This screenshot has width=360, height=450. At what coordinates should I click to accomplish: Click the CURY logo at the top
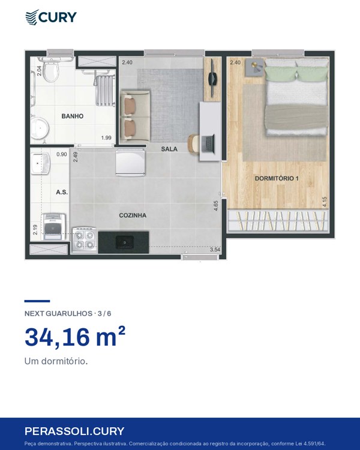point(51,17)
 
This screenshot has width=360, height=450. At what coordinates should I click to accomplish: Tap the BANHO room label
point(73,116)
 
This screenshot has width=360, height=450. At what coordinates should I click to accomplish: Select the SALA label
point(169,149)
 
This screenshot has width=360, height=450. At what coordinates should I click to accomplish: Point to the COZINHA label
point(133,215)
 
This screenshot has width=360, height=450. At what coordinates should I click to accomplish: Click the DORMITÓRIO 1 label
point(277,178)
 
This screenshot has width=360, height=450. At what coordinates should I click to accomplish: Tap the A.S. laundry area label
point(62,192)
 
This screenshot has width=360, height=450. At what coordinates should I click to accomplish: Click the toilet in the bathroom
point(51,69)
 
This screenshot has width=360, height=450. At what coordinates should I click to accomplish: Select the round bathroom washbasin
point(40,128)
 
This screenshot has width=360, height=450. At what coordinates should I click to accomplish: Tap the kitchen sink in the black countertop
point(124,242)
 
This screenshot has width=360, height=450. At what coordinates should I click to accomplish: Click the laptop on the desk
point(208,144)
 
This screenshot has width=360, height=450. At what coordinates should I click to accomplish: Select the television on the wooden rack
point(212,77)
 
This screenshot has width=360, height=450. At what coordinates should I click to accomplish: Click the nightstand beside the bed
point(254,67)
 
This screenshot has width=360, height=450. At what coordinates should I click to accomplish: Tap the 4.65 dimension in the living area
point(216,206)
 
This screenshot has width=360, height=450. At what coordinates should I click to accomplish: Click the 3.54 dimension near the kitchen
point(215,250)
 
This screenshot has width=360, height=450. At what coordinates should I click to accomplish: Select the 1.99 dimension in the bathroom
point(106,138)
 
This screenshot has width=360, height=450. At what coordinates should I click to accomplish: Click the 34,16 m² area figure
point(75,337)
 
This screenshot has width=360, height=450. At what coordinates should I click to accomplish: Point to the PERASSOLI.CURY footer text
point(74,431)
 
